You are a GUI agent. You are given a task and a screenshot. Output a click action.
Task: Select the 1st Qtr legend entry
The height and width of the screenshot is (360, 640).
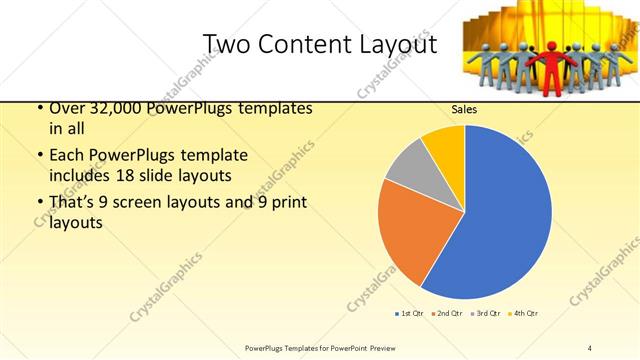coord(408,313)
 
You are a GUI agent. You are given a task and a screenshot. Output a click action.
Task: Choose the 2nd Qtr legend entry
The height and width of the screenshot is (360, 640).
coord(448,313)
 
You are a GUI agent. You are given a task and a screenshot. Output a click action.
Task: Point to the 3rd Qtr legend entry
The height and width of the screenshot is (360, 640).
coord(487,313)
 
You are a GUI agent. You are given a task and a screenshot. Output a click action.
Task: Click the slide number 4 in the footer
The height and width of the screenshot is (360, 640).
coord(589,347)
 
